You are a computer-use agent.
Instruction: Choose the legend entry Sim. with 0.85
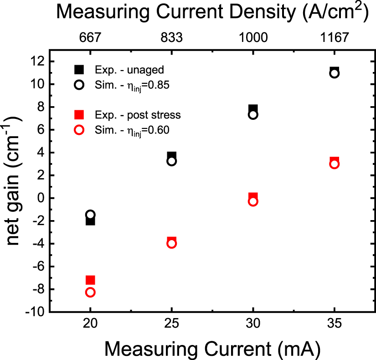125,85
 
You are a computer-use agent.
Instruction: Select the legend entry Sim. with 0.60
125,130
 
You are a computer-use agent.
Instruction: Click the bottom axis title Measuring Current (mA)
212,349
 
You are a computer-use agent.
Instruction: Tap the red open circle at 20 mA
90,292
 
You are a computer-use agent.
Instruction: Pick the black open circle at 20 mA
90,215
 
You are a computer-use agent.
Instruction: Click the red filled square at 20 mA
90,280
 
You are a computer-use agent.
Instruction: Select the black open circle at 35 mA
334,73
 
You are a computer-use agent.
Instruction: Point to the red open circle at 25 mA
171,243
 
